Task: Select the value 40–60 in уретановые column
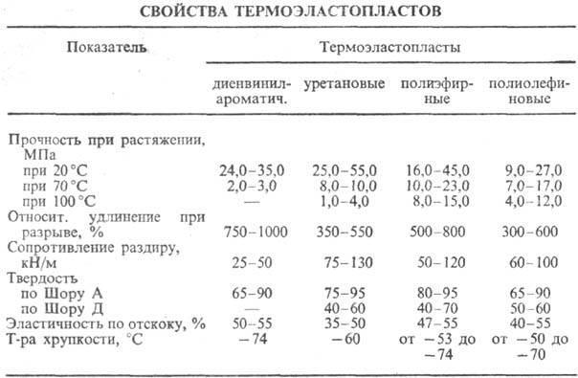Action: point(343,309)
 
